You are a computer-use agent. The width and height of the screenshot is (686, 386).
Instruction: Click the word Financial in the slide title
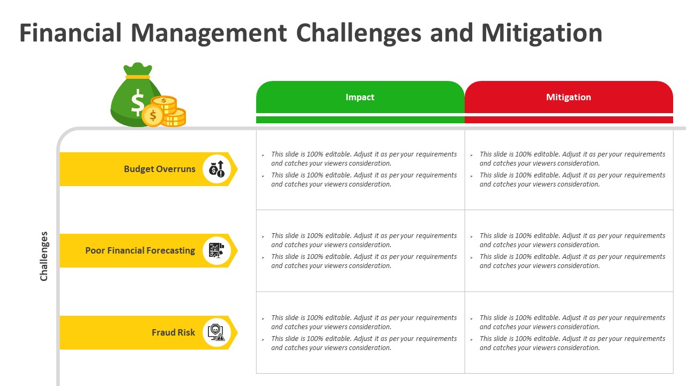point(71,33)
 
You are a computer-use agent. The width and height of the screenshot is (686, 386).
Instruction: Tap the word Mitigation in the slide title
point(542,33)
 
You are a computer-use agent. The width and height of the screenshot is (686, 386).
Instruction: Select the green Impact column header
point(360,97)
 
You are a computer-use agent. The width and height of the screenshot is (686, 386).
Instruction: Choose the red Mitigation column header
point(569,97)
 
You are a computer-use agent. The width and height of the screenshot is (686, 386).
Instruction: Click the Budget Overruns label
point(160,169)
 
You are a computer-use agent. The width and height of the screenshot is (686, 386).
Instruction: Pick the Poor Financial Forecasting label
point(140,250)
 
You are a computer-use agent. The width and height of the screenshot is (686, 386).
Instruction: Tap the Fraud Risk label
point(173,332)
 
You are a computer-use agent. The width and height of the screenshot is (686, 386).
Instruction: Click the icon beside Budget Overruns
point(217,169)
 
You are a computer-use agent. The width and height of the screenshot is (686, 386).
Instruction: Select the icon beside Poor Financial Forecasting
point(217,250)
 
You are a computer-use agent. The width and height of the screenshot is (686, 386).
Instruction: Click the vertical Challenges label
point(44,256)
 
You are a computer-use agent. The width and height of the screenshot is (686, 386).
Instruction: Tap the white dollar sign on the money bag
point(138,102)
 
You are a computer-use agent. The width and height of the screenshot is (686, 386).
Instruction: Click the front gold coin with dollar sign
point(153,116)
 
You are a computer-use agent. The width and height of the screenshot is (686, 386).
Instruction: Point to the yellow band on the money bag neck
point(138,77)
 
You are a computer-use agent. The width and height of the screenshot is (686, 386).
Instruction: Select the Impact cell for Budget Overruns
point(361,170)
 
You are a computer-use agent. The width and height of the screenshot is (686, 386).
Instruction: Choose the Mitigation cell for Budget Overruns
point(569,170)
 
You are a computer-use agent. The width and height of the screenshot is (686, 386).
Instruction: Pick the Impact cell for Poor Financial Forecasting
point(361,250)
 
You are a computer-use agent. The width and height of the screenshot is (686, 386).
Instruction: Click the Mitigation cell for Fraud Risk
point(569,332)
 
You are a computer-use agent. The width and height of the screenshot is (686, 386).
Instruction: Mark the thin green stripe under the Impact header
point(361,120)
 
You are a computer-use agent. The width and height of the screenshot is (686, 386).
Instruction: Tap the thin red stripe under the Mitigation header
point(569,120)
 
